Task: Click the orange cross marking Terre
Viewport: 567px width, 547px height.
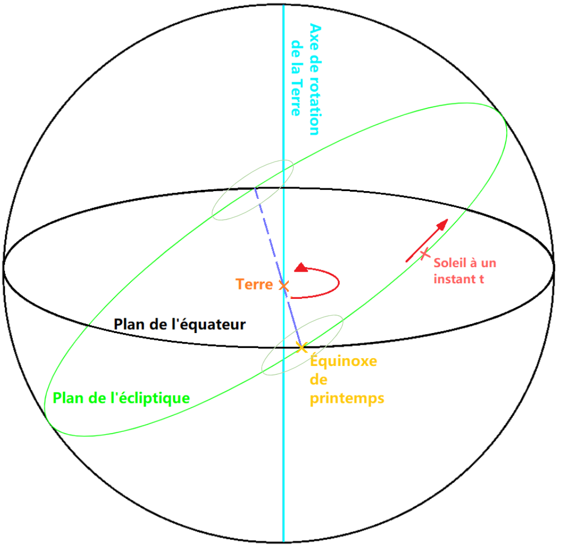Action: pyautogui.click(x=284, y=286)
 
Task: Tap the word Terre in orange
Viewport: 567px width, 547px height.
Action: pyautogui.click(x=254, y=284)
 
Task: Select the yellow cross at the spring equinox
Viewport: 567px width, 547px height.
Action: pyautogui.click(x=302, y=348)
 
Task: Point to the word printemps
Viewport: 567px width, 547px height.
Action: pyautogui.click(x=346, y=399)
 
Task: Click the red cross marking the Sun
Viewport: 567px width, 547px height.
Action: pyautogui.click(x=425, y=254)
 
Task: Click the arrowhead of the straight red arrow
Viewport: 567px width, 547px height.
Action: pyautogui.click(x=442, y=225)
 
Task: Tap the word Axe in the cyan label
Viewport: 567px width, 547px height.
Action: pyautogui.click(x=315, y=35)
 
